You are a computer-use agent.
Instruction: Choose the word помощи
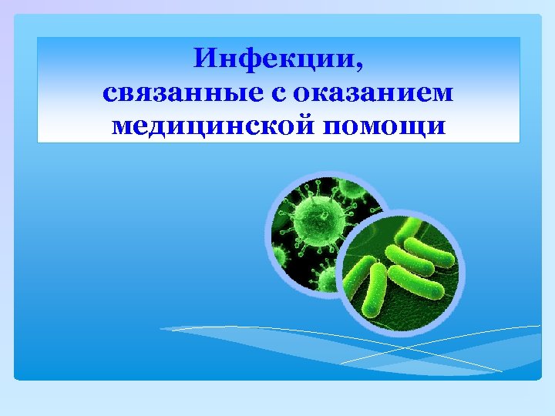click(387, 125)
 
